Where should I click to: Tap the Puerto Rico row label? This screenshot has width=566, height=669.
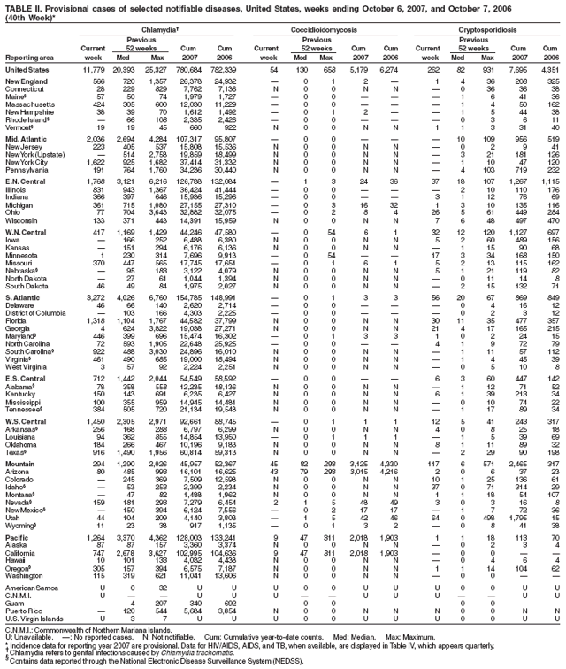pyautogui.click(x=22, y=634)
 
